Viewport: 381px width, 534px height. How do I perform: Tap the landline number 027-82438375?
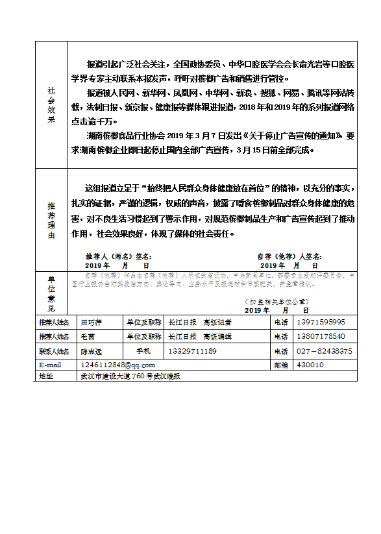coord(324,351)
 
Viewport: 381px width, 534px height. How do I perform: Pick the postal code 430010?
coord(310,365)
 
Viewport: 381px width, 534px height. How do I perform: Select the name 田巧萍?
coord(91,322)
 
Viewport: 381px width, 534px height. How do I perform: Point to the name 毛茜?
coord(87,336)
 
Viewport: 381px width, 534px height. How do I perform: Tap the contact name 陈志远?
coord(91,351)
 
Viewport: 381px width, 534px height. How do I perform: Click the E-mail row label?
coord(51,365)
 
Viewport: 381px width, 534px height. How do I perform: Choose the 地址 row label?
coord(47,376)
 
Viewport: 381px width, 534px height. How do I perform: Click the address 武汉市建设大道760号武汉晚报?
coord(129,376)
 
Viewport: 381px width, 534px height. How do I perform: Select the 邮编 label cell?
coord(280,365)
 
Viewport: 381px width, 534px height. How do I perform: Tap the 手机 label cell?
coord(143,351)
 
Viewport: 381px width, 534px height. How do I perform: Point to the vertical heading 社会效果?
coord(51,105)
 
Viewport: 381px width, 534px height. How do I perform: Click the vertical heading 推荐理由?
coord(51,221)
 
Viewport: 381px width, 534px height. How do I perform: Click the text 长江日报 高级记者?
coord(199,322)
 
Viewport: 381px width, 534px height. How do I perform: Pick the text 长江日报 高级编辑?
coord(199,336)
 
